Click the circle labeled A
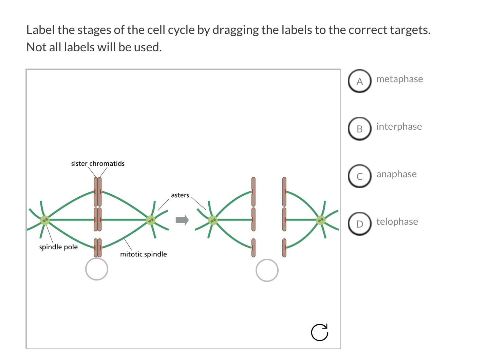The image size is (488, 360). pyautogui.click(x=360, y=81)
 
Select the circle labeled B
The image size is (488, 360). pyautogui.click(x=360, y=129)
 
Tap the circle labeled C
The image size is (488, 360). pyautogui.click(x=360, y=176)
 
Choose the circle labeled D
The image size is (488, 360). pyautogui.click(x=360, y=224)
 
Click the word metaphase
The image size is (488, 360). pyautogui.click(x=399, y=79)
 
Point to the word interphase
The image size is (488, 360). pyautogui.click(x=399, y=127)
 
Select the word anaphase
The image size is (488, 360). pyautogui.click(x=396, y=174)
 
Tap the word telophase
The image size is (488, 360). pyautogui.click(x=397, y=222)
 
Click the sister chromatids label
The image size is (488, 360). pyautogui.click(x=98, y=164)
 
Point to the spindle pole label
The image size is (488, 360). pyautogui.click(x=58, y=247)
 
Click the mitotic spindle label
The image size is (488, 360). pyautogui.click(x=144, y=254)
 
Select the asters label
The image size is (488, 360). pyautogui.click(x=180, y=195)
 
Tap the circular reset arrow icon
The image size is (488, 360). pyautogui.click(x=320, y=332)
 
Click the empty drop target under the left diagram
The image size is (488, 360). pyautogui.click(x=97, y=269)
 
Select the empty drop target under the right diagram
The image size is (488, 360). pyautogui.click(x=267, y=270)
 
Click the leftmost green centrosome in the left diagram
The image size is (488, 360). pyautogui.click(x=45, y=220)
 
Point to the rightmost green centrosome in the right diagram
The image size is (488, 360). pyautogui.click(x=321, y=220)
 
